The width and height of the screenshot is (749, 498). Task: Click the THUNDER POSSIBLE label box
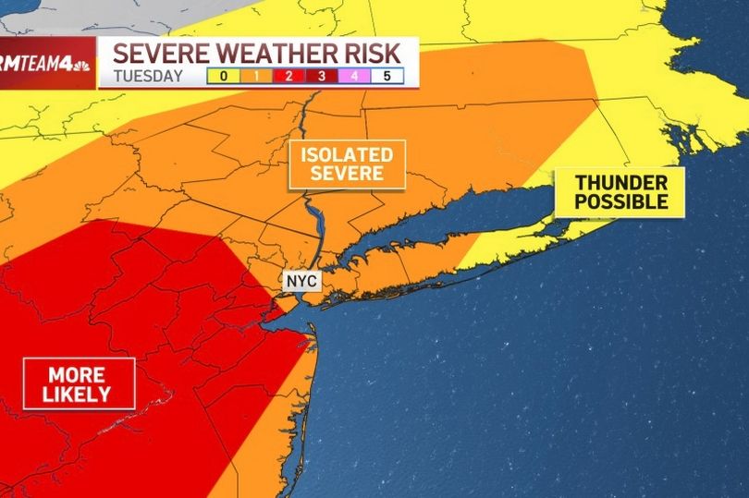point(619,192)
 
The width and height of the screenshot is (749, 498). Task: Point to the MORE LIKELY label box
point(80,383)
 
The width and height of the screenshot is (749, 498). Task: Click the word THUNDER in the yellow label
point(619,182)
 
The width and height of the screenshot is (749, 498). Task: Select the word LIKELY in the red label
point(80,395)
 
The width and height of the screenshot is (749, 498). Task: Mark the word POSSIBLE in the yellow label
point(619,202)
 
